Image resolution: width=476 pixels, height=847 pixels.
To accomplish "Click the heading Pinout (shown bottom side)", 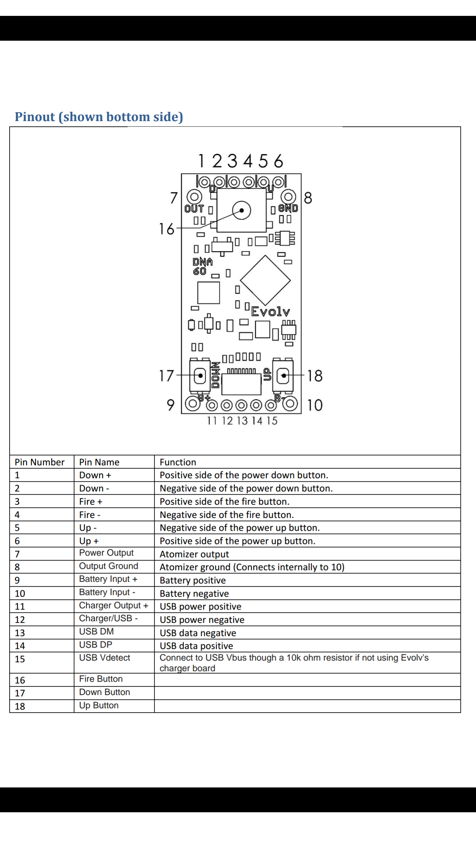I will [99, 117].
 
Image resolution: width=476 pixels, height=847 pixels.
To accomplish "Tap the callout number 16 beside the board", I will [166, 229].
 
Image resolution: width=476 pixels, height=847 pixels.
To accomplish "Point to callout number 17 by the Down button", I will [166, 376].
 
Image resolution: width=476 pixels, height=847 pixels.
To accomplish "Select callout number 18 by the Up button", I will [315, 376].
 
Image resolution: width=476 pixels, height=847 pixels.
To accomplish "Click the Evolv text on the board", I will [270, 311].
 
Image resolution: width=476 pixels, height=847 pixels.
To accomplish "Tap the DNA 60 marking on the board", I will [202, 267].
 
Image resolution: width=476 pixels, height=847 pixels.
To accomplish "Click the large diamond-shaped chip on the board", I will [265, 280].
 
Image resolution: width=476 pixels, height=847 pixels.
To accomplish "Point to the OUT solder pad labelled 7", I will [194, 197].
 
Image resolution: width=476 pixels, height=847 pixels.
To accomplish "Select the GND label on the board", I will [288, 208].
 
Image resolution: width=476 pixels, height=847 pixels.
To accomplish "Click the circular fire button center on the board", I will [242, 210].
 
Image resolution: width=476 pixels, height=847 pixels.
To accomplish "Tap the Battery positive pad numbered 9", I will [192, 403].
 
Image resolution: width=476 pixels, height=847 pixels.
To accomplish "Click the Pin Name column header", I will [99, 462].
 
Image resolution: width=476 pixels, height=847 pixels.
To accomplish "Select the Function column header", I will [178, 462].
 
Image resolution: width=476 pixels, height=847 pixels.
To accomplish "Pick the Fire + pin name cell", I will [91, 502].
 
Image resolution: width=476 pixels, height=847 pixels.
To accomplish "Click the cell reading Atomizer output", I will [194, 554].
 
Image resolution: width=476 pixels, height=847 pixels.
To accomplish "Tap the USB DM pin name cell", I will [96, 632].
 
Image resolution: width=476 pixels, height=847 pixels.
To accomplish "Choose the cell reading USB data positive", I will [196, 646].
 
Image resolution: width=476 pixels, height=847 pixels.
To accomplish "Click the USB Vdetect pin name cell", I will [104, 658].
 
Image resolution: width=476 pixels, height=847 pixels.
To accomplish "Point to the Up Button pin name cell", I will [99, 705].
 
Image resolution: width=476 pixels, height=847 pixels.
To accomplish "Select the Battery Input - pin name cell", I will [107, 592].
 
